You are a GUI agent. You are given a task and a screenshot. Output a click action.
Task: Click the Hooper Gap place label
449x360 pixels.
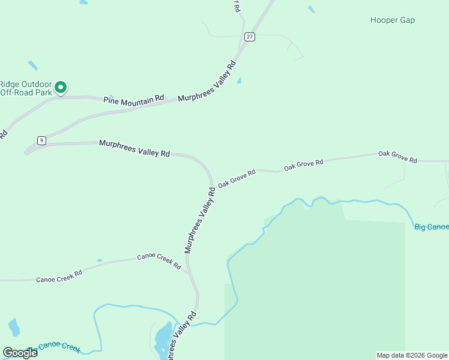coord(393,20)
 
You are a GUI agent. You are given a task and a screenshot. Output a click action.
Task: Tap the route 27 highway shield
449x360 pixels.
coord(250,37)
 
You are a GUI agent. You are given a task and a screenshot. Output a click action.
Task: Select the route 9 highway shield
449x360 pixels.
coord(41,140)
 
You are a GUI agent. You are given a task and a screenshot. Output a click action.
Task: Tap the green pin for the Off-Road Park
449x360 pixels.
coord(61,88)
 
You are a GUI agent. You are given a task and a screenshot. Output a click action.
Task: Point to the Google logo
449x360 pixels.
coord(19,352)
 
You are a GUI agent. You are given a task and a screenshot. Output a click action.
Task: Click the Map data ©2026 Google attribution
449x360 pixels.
coord(411,355)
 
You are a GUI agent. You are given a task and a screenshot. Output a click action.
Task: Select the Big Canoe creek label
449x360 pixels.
coord(431,227)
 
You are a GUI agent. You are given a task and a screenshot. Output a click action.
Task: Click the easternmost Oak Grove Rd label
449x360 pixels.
coord(397,157)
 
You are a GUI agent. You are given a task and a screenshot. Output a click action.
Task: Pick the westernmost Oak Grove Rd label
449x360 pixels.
coord(237,178)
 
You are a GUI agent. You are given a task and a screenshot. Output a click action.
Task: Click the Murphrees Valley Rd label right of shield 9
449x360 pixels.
coord(134,148)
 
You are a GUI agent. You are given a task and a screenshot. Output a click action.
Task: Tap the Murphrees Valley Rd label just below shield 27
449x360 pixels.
coord(208,82)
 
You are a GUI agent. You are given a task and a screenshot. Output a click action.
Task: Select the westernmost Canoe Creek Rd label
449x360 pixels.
coord(59,275)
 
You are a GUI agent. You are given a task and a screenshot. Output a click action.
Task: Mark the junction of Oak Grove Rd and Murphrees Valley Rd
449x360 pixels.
coord(212,185)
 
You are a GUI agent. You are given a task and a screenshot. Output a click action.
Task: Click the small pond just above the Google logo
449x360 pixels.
coord(13,328)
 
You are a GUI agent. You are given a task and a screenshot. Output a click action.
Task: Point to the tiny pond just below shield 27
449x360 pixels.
coord(240,80)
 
